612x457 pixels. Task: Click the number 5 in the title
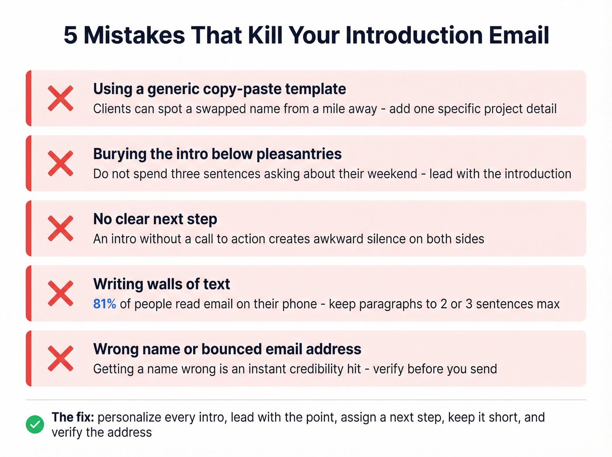[71, 35]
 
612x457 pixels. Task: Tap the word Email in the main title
[519, 35]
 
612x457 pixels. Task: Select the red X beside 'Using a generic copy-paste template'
[61, 98]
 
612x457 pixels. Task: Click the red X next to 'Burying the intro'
[61, 164]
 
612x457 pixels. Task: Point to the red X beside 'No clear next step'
[61, 228]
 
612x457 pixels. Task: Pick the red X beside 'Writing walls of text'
[61, 293]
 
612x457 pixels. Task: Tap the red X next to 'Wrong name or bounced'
[61, 359]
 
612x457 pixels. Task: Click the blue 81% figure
[104, 304]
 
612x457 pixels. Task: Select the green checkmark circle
[35, 424]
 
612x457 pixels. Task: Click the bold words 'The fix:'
[73, 417]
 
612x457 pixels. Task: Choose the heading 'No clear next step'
[155, 219]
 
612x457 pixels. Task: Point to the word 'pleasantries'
[299, 154]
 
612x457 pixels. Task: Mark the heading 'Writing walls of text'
[161, 284]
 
